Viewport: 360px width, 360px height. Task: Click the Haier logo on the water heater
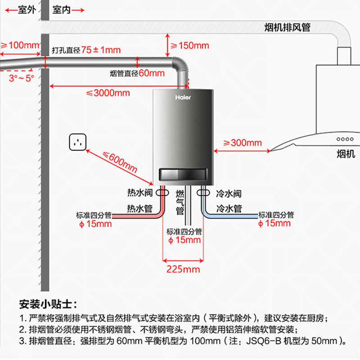(x=180, y=97)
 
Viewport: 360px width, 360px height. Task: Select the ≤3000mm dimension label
(x=108, y=93)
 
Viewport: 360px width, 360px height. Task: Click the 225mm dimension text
(x=183, y=269)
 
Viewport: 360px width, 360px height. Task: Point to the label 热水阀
(x=140, y=193)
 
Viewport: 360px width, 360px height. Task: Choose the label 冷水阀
(x=229, y=194)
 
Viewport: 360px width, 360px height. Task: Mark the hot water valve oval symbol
(x=162, y=193)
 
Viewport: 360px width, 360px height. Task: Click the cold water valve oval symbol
(x=203, y=193)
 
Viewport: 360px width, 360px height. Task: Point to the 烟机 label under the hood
(x=346, y=154)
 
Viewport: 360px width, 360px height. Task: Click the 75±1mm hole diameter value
(x=101, y=50)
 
